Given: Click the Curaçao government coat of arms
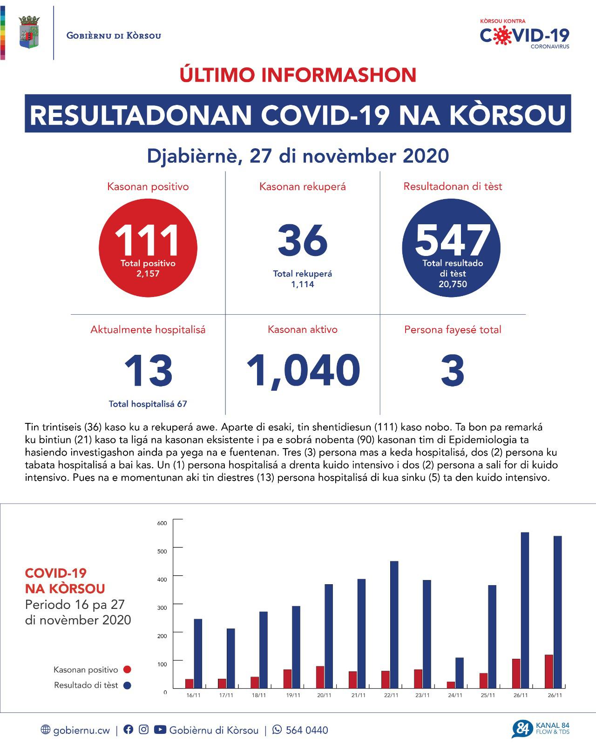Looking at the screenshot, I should pos(29,32).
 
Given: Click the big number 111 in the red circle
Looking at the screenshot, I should pos(148,241).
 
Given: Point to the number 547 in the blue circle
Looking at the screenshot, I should pos(452,241).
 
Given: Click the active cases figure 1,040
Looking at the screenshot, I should pos(303,371).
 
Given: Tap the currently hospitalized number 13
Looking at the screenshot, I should pos(148,371).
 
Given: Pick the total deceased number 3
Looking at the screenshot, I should pos(453,371).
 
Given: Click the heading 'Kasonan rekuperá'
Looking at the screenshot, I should pos(303,187).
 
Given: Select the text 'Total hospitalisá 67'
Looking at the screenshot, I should pos(148,404).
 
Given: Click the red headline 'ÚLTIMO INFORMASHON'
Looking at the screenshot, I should pos(298,75).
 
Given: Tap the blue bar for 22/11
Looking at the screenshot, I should pos(394,625).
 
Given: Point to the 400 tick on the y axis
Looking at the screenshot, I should pos(162,580).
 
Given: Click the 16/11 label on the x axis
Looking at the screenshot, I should pos(193,695).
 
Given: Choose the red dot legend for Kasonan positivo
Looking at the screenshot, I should pos(127,670).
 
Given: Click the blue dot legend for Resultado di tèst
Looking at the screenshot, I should pos(127,685).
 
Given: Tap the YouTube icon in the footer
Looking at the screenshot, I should pos(160,730).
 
